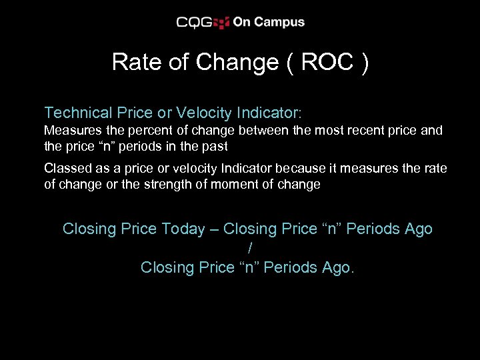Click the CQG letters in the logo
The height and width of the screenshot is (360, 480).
tap(194, 22)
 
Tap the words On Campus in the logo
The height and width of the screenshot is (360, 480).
tap(269, 22)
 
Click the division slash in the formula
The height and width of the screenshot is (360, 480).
tap(249, 248)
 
